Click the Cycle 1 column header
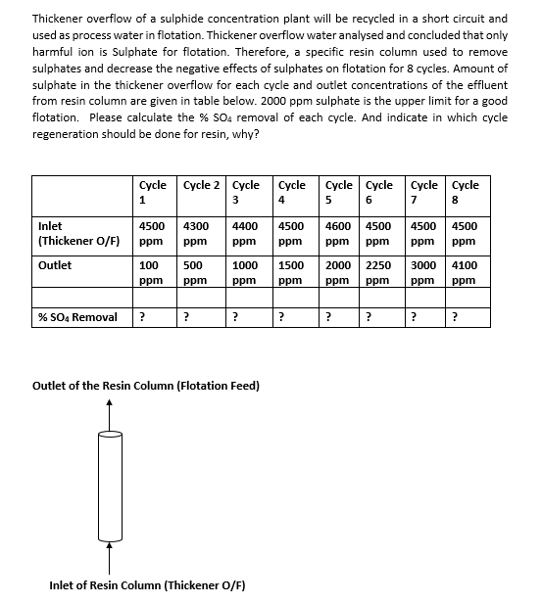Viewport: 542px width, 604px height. (x=152, y=192)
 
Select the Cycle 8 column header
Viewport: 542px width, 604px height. (x=466, y=192)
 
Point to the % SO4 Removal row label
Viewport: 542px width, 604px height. (x=77, y=316)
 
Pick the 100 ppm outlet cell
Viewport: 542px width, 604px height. (x=150, y=272)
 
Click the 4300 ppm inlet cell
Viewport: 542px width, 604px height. (x=196, y=233)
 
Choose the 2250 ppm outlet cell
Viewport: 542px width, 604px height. (x=379, y=272)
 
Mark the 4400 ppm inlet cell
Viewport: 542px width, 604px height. (x=245, y=233)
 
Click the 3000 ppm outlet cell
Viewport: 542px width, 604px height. (x=424, y=272)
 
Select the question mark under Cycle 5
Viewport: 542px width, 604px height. (x=328, y=316)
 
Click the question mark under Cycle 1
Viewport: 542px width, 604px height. (x=143, y=316)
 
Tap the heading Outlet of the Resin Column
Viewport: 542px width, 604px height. (x=146, y=386)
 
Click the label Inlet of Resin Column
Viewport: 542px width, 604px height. (x=146, y=585)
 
